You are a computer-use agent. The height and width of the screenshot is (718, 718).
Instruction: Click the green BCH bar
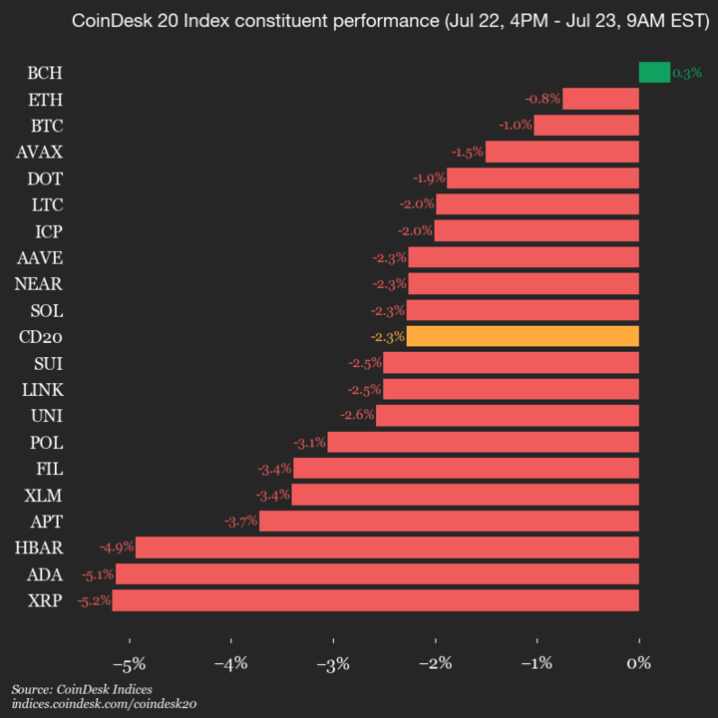pos(654,72)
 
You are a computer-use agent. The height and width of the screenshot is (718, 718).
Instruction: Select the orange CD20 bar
pos(523,336)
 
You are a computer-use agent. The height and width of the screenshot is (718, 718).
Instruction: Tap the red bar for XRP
pos(375,600)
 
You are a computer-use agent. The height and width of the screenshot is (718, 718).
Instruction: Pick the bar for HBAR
pos(387,547)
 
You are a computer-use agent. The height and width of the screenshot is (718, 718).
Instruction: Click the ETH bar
pos(600,98)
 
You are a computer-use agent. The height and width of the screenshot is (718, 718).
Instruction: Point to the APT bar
pos(449,521)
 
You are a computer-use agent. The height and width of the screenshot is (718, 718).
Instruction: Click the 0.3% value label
pos(687,73)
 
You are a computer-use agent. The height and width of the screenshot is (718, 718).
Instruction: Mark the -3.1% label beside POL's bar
pos(309,442)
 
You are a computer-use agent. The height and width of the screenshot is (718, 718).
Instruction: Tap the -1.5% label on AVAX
pos(467,152)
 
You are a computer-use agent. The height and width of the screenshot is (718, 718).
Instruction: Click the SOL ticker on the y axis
pos(46,310)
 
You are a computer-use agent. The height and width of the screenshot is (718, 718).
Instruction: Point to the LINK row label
pos(43,389)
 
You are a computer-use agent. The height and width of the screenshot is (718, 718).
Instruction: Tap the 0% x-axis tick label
pos(639,663)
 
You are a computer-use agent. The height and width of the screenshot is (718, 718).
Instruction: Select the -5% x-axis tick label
pos(129,663)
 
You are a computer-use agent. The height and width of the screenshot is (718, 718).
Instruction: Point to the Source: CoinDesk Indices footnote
pos(75,689)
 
